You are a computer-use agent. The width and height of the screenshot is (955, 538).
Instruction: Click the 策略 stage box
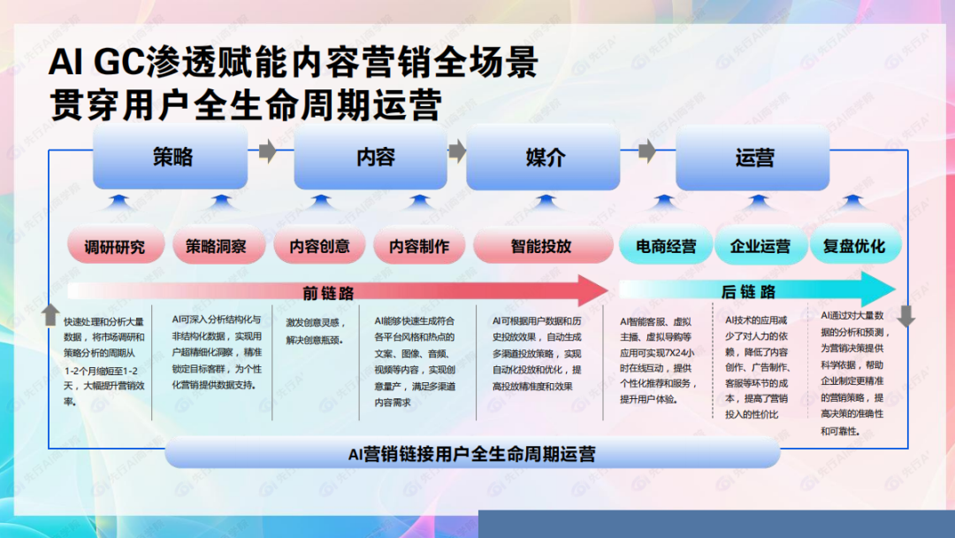[172, 158]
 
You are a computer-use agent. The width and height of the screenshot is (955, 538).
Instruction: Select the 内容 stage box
[375, 158]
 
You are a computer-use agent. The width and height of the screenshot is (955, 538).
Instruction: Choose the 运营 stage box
[753, 158]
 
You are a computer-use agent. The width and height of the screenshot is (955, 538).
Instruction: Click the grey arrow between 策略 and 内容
[267, 151]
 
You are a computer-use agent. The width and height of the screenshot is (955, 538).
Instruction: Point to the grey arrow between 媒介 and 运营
[648, 151]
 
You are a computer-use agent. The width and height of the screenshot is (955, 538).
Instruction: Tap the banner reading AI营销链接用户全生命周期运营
[471, 454]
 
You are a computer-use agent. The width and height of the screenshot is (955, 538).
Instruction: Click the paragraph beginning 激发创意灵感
[315, 329]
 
